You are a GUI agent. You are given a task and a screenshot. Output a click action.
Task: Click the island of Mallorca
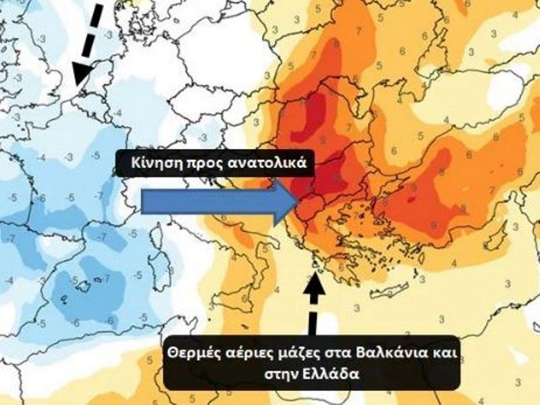[x=84, y=287]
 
